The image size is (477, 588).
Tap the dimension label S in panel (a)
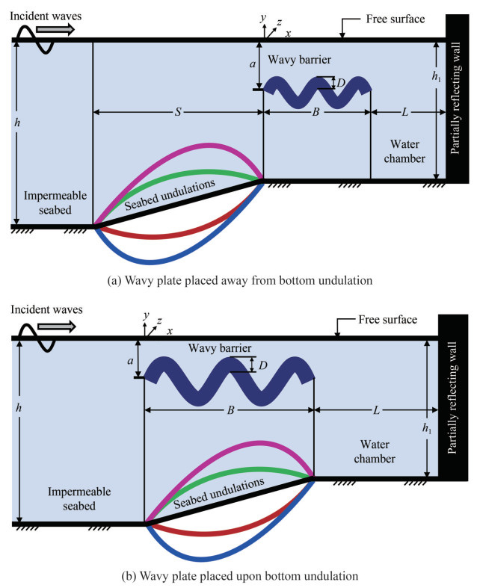click(x=176, y=112)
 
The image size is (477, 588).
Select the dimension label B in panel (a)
click(x=316, y=112)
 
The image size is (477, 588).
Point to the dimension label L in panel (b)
click(x=374, y=409)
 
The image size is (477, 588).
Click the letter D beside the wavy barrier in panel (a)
click(x=340, y=83)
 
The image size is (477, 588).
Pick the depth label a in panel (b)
click(x=131, y=359)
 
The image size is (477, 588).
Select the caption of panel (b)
click(x=238, y=576)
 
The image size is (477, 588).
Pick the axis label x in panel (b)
click(x=170, y=330)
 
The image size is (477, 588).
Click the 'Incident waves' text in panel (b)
click(x=46, y=309)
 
